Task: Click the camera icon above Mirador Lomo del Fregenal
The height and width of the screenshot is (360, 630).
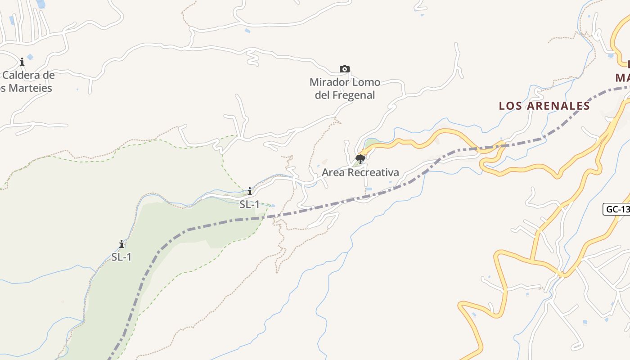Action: click(x=344, y=69)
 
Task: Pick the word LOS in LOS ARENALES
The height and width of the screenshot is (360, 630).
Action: click(x=510, y=106)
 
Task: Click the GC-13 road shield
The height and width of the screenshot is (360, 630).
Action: click(x=617, y=209)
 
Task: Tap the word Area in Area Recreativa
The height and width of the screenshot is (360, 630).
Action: click(x=333, y=172)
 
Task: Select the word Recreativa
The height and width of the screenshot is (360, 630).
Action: click(x=373, y=172)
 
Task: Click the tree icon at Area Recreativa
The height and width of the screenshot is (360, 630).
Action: click(x=360, y=159)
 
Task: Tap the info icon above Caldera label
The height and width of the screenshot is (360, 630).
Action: click(x=22, y=62)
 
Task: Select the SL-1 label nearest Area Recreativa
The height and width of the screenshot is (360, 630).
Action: click(x=249, y=204)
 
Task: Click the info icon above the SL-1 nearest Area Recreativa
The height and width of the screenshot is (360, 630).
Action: click(x=250, y=191)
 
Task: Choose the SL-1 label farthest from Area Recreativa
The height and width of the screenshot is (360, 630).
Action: click(x=121, y=257)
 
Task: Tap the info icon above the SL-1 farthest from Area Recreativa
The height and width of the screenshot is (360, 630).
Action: click(x=121, y=244)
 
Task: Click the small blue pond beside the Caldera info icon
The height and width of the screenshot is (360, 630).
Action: click(x=30, y=57)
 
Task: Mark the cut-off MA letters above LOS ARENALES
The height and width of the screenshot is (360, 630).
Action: click(x=623, y=77)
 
